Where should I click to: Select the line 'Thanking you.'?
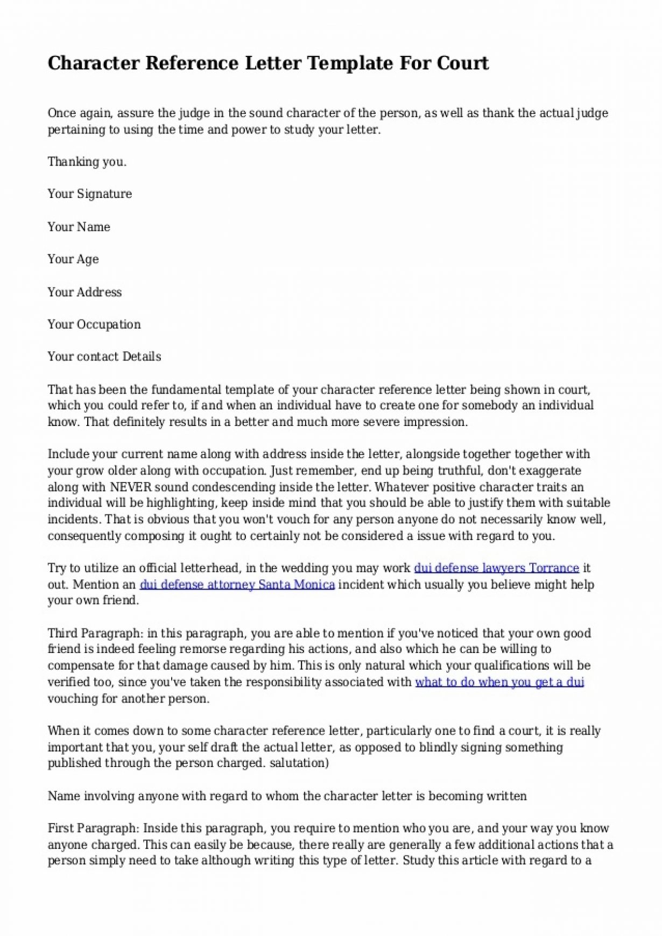(87, 162)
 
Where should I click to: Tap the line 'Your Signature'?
(89, 194)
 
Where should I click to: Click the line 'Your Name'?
(79, 227)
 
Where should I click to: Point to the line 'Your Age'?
(73, 259)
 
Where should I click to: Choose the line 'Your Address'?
(84, 292)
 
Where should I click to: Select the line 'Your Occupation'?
(94, 324)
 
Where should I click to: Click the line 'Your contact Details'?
(104, 357)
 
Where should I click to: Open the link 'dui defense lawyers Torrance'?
(496, 568)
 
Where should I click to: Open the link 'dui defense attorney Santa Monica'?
(237, 585)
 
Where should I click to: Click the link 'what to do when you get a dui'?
(499, 682)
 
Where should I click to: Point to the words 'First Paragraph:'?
(94, 828)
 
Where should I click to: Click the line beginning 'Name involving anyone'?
(287, 796)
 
